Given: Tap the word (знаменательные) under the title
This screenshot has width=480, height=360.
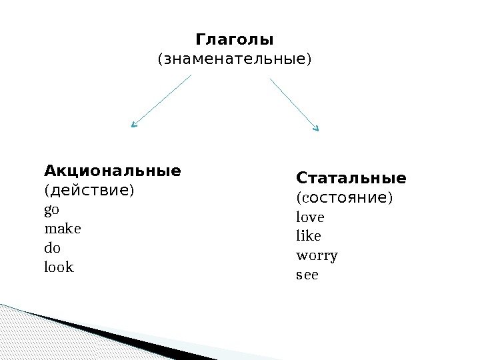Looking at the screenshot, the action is [x=234, y=60].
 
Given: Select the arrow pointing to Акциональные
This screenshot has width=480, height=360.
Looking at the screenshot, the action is [x=162, y=100].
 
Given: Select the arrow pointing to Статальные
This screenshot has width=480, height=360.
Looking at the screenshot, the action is [x=294, y=103].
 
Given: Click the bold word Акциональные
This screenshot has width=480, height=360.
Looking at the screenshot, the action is [x=112, y=171].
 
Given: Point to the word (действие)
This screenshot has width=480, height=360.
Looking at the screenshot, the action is [x=89, y=191].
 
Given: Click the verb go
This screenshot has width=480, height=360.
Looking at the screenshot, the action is [x=51, y=210].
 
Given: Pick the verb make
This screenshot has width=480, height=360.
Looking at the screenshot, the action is [x=62, y=229].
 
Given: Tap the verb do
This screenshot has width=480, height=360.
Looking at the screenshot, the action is [x=52, y=248].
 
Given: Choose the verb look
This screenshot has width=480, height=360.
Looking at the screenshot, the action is [x=59, y=267].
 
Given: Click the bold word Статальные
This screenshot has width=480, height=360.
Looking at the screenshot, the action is [x=351, y=179].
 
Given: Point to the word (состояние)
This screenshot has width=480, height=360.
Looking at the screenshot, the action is [x=344, y=198].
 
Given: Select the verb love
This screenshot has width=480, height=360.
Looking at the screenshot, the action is [x=309, y=217].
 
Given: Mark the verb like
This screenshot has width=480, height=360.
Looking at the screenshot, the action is [x=308, y=236].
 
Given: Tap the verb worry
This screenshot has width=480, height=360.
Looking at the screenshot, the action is [x=317, y=255].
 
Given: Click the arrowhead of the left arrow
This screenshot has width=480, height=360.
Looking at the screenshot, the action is [x=133, y=125].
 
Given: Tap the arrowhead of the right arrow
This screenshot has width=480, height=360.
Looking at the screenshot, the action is [x=317, y=127].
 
